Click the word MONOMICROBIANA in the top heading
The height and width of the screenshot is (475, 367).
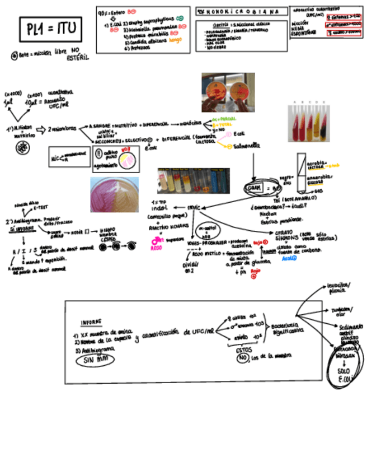click(244, 12)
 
